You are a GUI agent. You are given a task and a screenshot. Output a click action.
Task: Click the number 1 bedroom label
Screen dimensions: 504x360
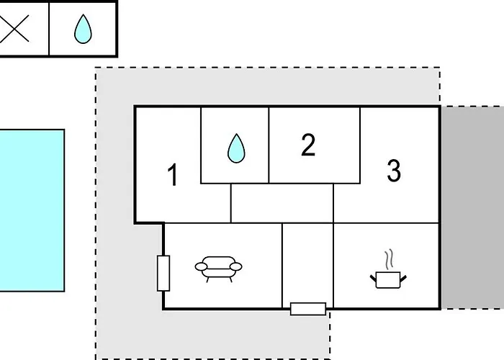(x=173, y=174)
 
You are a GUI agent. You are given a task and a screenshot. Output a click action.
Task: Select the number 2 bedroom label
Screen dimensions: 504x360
(x=308, y=145)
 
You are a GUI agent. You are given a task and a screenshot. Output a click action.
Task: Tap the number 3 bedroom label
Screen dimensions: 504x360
(x=394, y=171)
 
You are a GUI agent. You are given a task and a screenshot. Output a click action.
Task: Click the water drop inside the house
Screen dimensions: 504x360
(x=236, y=148)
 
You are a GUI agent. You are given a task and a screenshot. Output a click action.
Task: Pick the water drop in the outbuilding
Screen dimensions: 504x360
(x=83, y=29)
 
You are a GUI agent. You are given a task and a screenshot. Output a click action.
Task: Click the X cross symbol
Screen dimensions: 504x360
(x=14, y=28)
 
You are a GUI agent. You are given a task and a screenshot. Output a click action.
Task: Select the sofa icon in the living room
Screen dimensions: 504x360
(x=219, y=269)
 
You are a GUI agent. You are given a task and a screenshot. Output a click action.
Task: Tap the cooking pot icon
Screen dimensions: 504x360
(x=388, y=280)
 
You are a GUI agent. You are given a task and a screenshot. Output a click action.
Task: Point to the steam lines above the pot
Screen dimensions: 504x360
(x=389, y=258)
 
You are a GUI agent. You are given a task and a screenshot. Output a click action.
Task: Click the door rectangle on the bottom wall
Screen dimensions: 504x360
(x=308, y=309)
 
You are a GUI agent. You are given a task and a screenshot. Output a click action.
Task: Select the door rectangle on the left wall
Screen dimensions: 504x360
(x=163, y=273)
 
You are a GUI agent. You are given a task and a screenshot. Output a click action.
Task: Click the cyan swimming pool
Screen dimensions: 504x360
(x=32, y=210)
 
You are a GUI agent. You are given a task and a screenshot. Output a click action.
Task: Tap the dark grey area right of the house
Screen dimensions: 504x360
(x=472, y=207)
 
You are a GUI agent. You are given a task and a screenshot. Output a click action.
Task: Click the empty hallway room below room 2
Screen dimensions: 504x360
(x=282, y=203)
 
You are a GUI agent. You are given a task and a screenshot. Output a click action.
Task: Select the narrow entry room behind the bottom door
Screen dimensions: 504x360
(x=308, y=264)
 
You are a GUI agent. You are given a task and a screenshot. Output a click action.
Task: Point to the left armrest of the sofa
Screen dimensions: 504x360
(x=201, y=266)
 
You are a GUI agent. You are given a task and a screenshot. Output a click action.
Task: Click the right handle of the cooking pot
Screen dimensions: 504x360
(x=403, y=279)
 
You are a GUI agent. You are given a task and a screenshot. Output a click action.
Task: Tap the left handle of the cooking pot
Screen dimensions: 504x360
(x=374, y=279)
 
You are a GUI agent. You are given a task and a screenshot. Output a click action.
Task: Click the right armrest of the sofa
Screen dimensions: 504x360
(x=236, y=266)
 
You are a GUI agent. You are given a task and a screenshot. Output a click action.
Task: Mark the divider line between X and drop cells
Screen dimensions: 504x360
(x=49, y=29)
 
